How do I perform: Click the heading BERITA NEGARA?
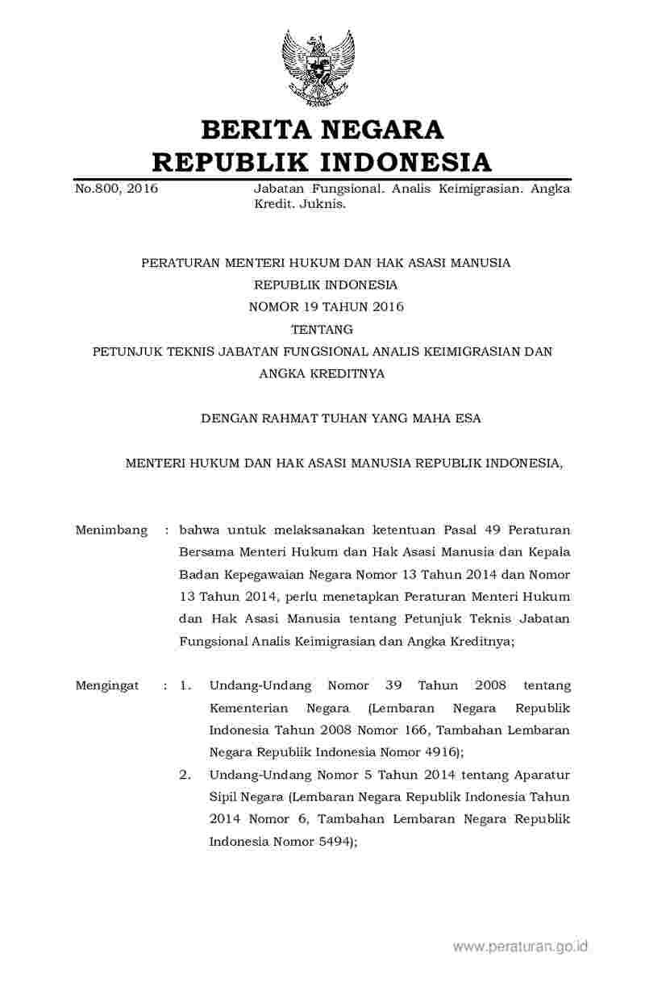click(x=322, y=129)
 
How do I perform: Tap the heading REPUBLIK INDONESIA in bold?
click(x=322, y=162)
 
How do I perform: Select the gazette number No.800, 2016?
click(x=116, y=189)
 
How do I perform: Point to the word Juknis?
click(x=325, y=205)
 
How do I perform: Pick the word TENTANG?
click(x=322, y=329)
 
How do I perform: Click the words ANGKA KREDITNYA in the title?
click(x=322, y=373)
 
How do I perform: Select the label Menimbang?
click(x=111, y=530)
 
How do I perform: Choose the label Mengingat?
click(x=107, y=685)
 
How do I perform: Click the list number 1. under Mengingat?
click(x=185, y=685)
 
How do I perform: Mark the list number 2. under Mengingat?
click(x=185, y=775)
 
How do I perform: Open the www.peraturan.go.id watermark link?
click(x=521, y=946)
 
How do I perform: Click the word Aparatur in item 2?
click(x=545, y=775)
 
